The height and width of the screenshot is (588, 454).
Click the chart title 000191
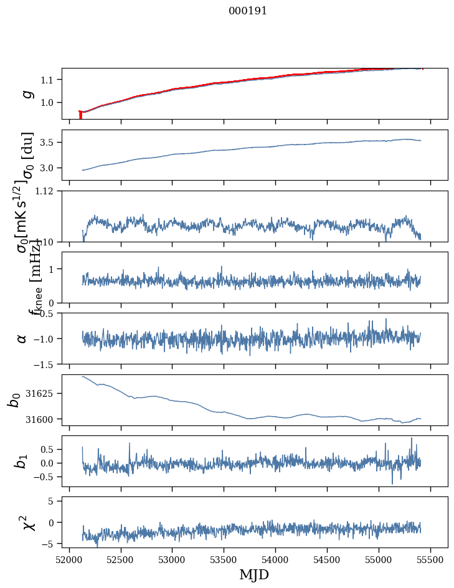[x=248, y=11]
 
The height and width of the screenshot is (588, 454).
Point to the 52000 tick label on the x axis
[x=69, y=559]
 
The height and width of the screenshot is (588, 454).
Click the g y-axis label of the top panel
[x=26, y=94]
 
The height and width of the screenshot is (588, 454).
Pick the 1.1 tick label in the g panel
[x=50, y=80]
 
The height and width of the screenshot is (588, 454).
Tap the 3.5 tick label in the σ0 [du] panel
[x=50, y=143]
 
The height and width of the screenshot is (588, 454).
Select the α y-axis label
[x=22, y=338]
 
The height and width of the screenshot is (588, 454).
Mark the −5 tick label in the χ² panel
[x=52, y=544]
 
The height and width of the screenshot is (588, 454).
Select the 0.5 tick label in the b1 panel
[x=50, y=449]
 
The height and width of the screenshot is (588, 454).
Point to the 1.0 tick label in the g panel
[x=50, y=102]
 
